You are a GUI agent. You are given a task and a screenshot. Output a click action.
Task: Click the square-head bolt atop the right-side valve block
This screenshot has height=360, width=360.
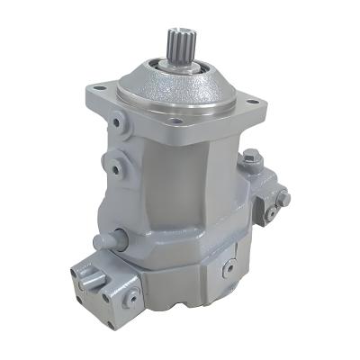click(x=251, y=157)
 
